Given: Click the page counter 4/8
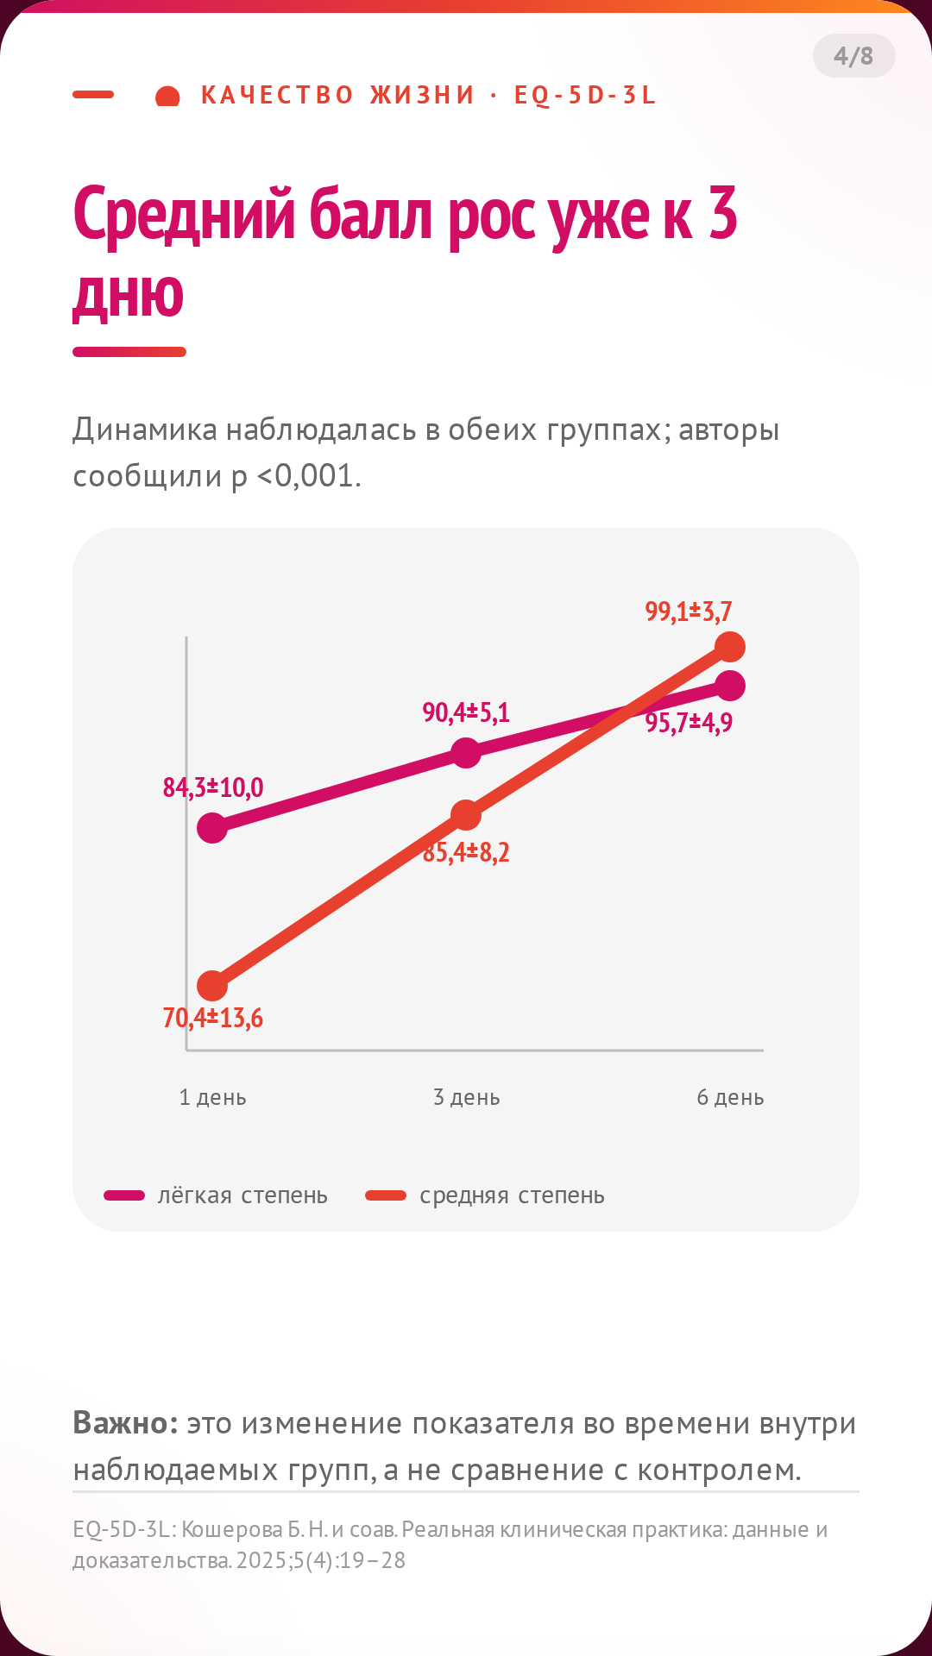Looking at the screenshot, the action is pos(853,56).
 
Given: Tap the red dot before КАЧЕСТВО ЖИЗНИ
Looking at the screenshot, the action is pos(167,97).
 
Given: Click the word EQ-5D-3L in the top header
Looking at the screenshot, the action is pos(585,95).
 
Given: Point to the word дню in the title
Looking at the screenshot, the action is pos(129,296).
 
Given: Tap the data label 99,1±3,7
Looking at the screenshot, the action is pos(689,612).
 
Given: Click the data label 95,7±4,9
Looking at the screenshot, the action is pos(690,723).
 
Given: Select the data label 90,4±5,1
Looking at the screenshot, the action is pos(466,712).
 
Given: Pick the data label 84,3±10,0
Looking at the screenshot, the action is pos(213,787).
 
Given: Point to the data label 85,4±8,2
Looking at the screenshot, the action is pos(466,853).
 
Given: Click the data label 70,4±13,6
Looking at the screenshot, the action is pos(213,1019).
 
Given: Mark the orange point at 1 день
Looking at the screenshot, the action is pos(212,986).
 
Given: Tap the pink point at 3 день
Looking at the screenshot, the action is pos(466,753).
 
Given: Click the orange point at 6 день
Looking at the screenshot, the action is pos(730,646).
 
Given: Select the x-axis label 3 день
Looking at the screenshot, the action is pos(467,1098).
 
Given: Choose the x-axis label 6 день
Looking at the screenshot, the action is pos(731,1098).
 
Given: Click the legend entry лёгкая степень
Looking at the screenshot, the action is pos(216,1195).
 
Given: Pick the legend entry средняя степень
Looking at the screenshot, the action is pos(485,1195).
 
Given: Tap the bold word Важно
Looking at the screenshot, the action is pos(125,1423).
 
